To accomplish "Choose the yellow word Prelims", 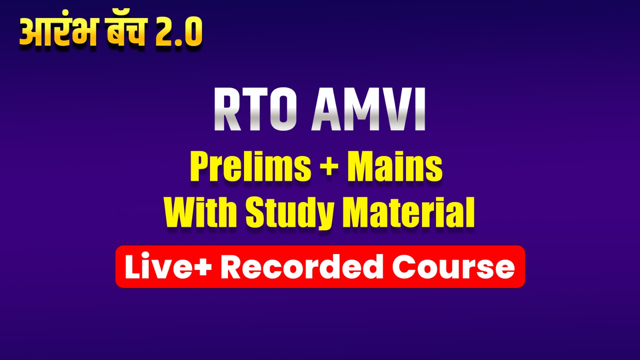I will (250, 167).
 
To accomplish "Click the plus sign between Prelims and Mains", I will (329, 166).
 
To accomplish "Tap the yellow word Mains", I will (394, 167).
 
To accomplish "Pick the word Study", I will (290, 213).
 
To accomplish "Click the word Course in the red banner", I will (453, 267).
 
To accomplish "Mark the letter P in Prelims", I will (200, 167).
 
